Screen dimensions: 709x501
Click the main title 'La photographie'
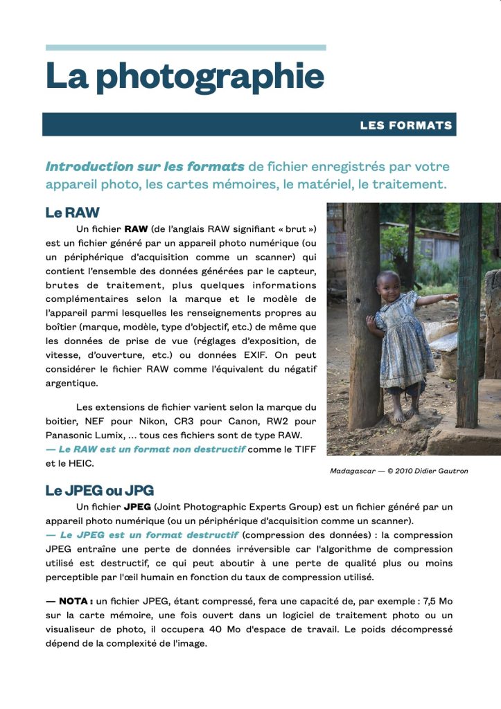(x=185, y=76)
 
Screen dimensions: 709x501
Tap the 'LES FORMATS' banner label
(x=405, y=125)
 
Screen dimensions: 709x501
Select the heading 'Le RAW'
(x=73, y=212)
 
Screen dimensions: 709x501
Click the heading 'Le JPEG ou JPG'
(x=100, y=490)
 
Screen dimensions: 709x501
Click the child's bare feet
(x=404, y=415)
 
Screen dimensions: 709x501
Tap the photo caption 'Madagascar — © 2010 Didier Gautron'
(x=398, y=471)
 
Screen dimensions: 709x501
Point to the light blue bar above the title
(x=186, y=48)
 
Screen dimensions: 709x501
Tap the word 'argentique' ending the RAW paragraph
(x=72, y=383)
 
